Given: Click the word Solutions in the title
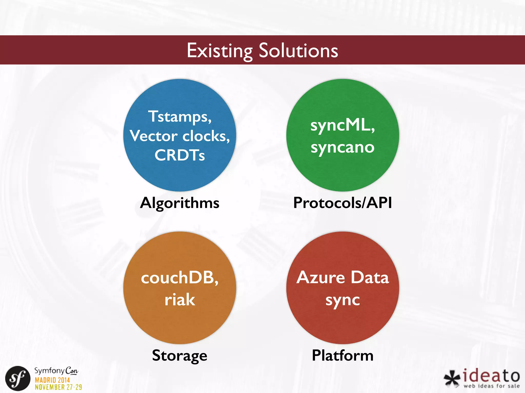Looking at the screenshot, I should [x=298, y=51].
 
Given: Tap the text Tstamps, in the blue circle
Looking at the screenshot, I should [x=180, y=117].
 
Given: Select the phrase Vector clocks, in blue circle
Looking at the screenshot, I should [x=180, y=136].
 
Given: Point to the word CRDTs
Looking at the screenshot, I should [x=180, y=155].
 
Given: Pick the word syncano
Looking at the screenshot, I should [x=342, y=147].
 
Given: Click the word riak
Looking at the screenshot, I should [x=180, y=300].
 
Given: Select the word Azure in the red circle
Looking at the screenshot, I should [x=320, y=278].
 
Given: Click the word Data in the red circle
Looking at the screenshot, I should [x=370, y=278].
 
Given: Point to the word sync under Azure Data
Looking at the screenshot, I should [x=342, y=300].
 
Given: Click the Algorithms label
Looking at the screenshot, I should [x=180, y=203].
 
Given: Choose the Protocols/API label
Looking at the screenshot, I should [x=342, y=203].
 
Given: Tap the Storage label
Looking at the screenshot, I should [x=180, y=356].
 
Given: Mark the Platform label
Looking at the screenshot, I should [x=342, y=356].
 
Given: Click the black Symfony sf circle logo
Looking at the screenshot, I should [x=18, y=378].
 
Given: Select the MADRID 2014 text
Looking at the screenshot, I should [x=52, y=380].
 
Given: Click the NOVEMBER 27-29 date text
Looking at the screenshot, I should [x=58, y=387].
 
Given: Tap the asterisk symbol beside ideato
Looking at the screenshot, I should [x=452, y=378].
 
